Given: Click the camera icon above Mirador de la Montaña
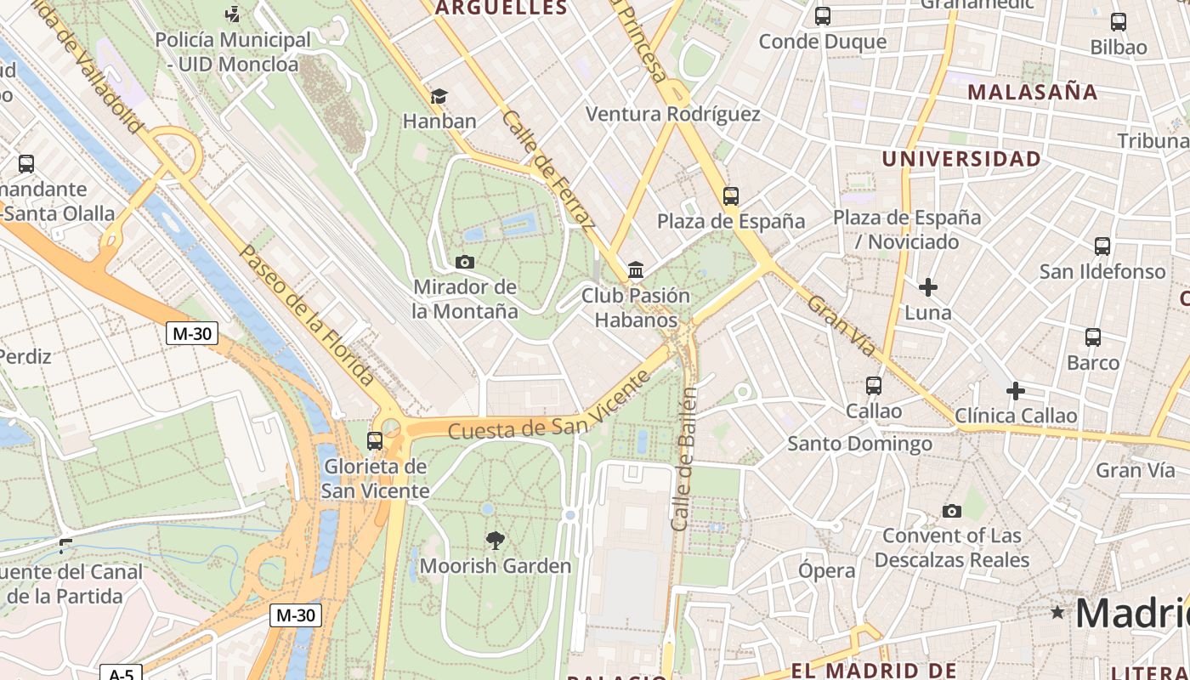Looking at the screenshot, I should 464,262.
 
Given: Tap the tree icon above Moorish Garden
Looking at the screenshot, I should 495,541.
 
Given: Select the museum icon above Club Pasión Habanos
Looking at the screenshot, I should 635,270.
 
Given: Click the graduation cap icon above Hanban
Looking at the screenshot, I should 439,97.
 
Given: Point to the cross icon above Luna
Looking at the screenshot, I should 928,287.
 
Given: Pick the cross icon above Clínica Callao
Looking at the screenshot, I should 1015,391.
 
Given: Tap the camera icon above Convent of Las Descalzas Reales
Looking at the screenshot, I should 952,511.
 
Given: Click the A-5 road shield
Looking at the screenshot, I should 121,673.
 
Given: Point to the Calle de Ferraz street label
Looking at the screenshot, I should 548,170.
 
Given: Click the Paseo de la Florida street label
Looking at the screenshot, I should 307,314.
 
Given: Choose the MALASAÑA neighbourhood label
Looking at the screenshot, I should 1033,92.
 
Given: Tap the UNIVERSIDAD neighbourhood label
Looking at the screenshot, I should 961,159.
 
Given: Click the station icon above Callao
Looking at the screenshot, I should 873,386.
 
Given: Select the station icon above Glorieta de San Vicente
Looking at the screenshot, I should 375,441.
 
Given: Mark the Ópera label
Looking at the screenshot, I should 826,570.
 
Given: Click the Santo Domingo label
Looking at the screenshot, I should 859,443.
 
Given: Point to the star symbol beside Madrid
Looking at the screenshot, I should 1057,612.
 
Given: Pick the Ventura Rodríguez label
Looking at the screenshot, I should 673,114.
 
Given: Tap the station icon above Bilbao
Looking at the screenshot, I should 1119,22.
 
